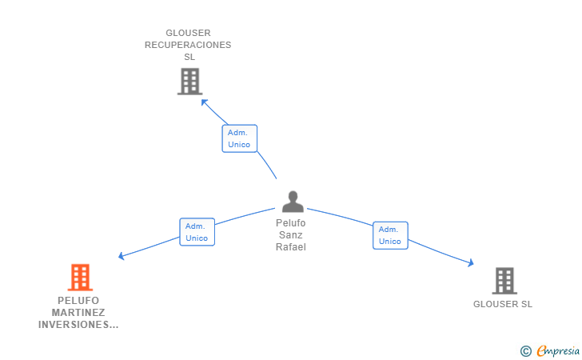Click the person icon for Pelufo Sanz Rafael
tap(293, 202)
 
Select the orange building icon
tap(80, 278)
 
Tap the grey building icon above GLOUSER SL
tap(504, 281)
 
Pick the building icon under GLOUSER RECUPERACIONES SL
tap(189, 82)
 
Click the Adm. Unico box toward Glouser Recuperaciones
tap(239, 138)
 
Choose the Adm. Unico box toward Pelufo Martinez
tap(197, 232)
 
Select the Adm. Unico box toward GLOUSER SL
tap(390, 235)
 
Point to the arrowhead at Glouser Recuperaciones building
tap(205, 102)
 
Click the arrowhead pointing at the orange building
tap(122, 256)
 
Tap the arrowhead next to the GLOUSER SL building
tap(471, 262)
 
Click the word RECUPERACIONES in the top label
tap(188, 46)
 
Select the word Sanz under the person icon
tap(291, 235)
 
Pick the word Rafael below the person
tap(291, 247)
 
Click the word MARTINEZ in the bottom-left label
tap(78, 313)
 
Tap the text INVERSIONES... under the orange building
tap(78, 325)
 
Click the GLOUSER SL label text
tap(503, 304)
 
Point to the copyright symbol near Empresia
tap(525, 350)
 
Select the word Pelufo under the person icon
tap(291, 223)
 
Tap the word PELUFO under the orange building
tap(78, 301)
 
